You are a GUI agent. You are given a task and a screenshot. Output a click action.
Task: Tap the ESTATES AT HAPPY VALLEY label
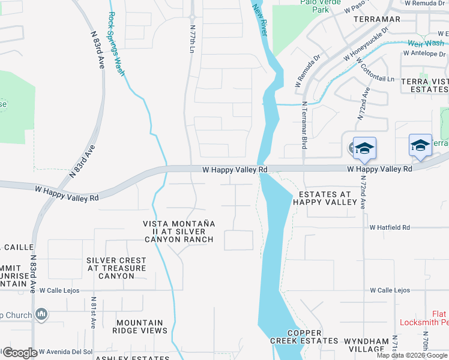324,198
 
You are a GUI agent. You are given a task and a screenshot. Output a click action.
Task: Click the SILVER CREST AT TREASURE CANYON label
116,268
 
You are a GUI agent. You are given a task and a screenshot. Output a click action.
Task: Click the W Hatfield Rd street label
390,228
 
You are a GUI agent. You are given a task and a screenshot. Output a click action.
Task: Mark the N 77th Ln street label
193,37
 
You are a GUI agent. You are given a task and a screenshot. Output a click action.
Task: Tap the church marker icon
41,314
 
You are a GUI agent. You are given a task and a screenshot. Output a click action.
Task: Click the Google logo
19,352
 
